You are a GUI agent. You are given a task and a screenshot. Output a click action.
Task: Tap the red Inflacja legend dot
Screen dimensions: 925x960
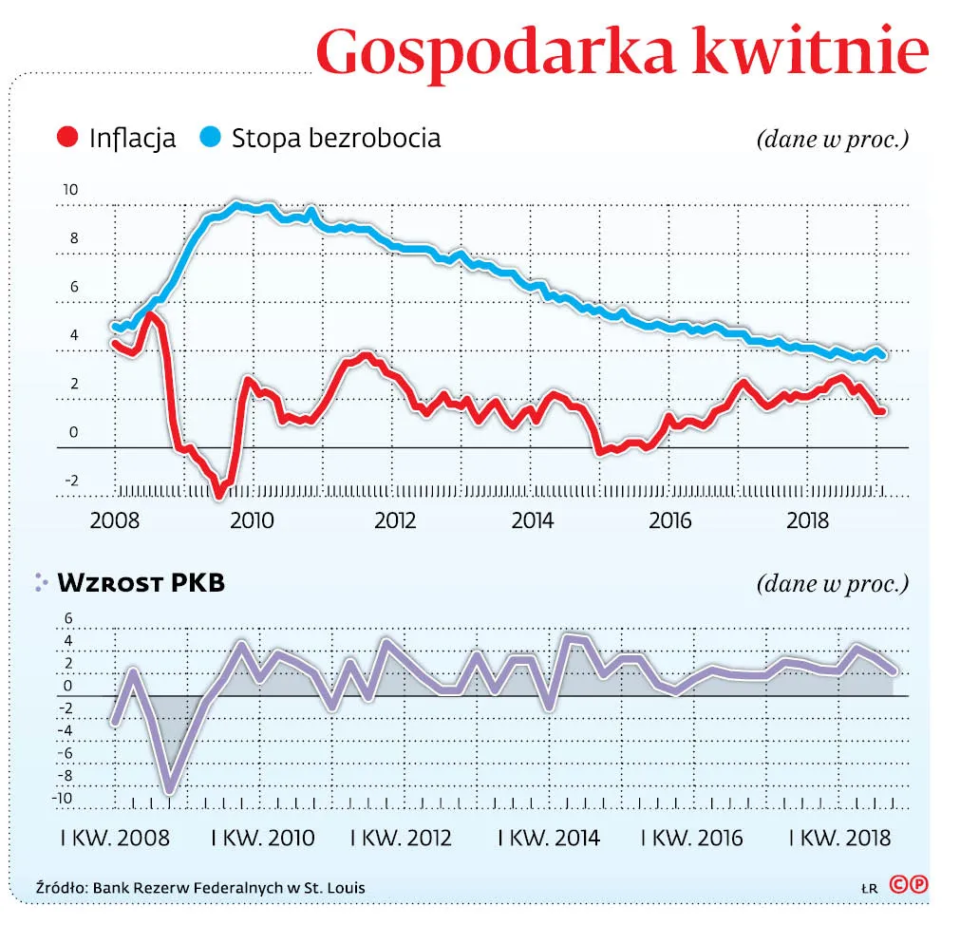67,138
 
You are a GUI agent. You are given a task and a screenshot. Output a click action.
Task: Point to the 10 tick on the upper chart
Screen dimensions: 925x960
70,190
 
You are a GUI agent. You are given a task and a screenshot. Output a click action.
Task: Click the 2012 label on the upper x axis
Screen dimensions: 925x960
396,521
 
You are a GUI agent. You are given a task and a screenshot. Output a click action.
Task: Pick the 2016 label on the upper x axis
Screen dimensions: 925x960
670,521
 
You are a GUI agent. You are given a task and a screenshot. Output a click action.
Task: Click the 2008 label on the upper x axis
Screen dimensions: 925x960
115,521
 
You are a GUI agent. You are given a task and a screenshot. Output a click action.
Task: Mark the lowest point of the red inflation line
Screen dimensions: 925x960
218,493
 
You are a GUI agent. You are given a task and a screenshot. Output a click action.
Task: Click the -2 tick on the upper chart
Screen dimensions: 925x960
70,481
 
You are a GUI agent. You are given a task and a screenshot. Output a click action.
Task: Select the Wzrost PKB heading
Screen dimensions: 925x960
141,583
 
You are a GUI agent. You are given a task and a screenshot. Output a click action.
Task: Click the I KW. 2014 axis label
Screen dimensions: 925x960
549,838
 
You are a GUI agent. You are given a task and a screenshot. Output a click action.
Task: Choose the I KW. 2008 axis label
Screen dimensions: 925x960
115,838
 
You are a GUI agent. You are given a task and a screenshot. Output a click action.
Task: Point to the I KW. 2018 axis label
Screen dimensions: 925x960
840,838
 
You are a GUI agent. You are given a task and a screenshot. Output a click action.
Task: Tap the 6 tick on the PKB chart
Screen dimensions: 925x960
67,617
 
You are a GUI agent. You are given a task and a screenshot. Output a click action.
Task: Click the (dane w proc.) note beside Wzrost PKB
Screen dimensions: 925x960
832,583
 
